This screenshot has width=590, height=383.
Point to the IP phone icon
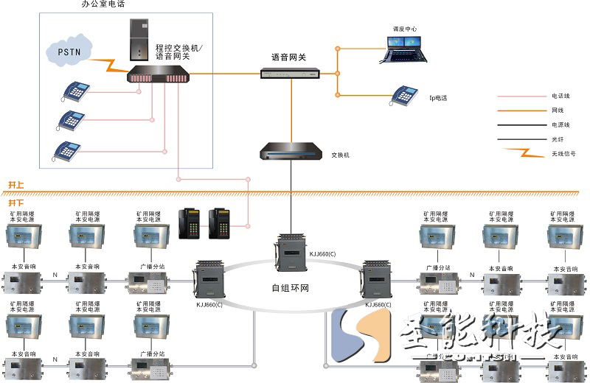pyautogui.click(x=404, y=94)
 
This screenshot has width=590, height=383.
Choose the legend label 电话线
pyautogui.click(x=560, y=96)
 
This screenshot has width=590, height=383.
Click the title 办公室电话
pyautogui.click(x=103, y=4)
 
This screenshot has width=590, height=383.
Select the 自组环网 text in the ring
pyautogui.click(x=291, y=287)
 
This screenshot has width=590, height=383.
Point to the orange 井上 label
pyautogui.click(x=15, y=184)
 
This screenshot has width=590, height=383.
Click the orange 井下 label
pyautogui.click(x=15, y=200)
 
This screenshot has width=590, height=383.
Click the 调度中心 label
pyautogui.click(x=405, y=29)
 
